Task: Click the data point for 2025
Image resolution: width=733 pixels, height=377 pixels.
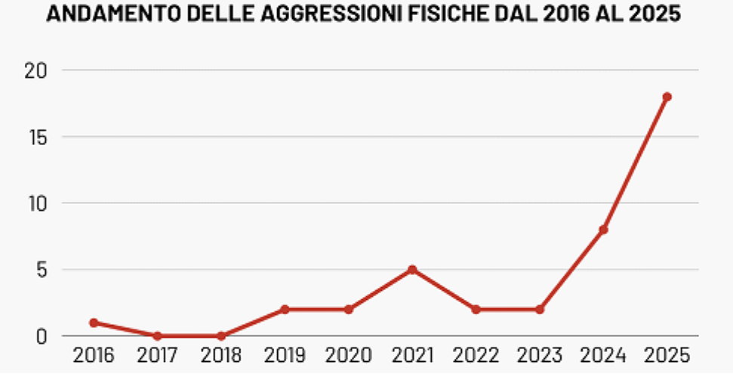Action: tap(667, 97)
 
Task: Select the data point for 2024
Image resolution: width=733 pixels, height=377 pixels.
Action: tap(603, 230)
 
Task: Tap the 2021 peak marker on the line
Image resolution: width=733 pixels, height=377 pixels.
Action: tap(412, 270)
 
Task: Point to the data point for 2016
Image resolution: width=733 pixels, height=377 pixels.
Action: tap(94, 323)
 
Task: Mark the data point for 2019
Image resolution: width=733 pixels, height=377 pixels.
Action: tap(285, 309)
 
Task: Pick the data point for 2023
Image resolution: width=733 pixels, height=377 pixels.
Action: tap(540, 309)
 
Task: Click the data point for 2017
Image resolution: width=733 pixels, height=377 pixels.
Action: tap(157, 335)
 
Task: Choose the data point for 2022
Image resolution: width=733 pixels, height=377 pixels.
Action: tap(476, 309)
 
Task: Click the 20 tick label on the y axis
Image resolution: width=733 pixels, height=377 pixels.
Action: tap(33, 70)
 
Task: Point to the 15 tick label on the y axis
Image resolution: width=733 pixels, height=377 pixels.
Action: tap(33, 137)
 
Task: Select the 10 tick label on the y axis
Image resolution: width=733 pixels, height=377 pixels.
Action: tap(33, 203)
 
